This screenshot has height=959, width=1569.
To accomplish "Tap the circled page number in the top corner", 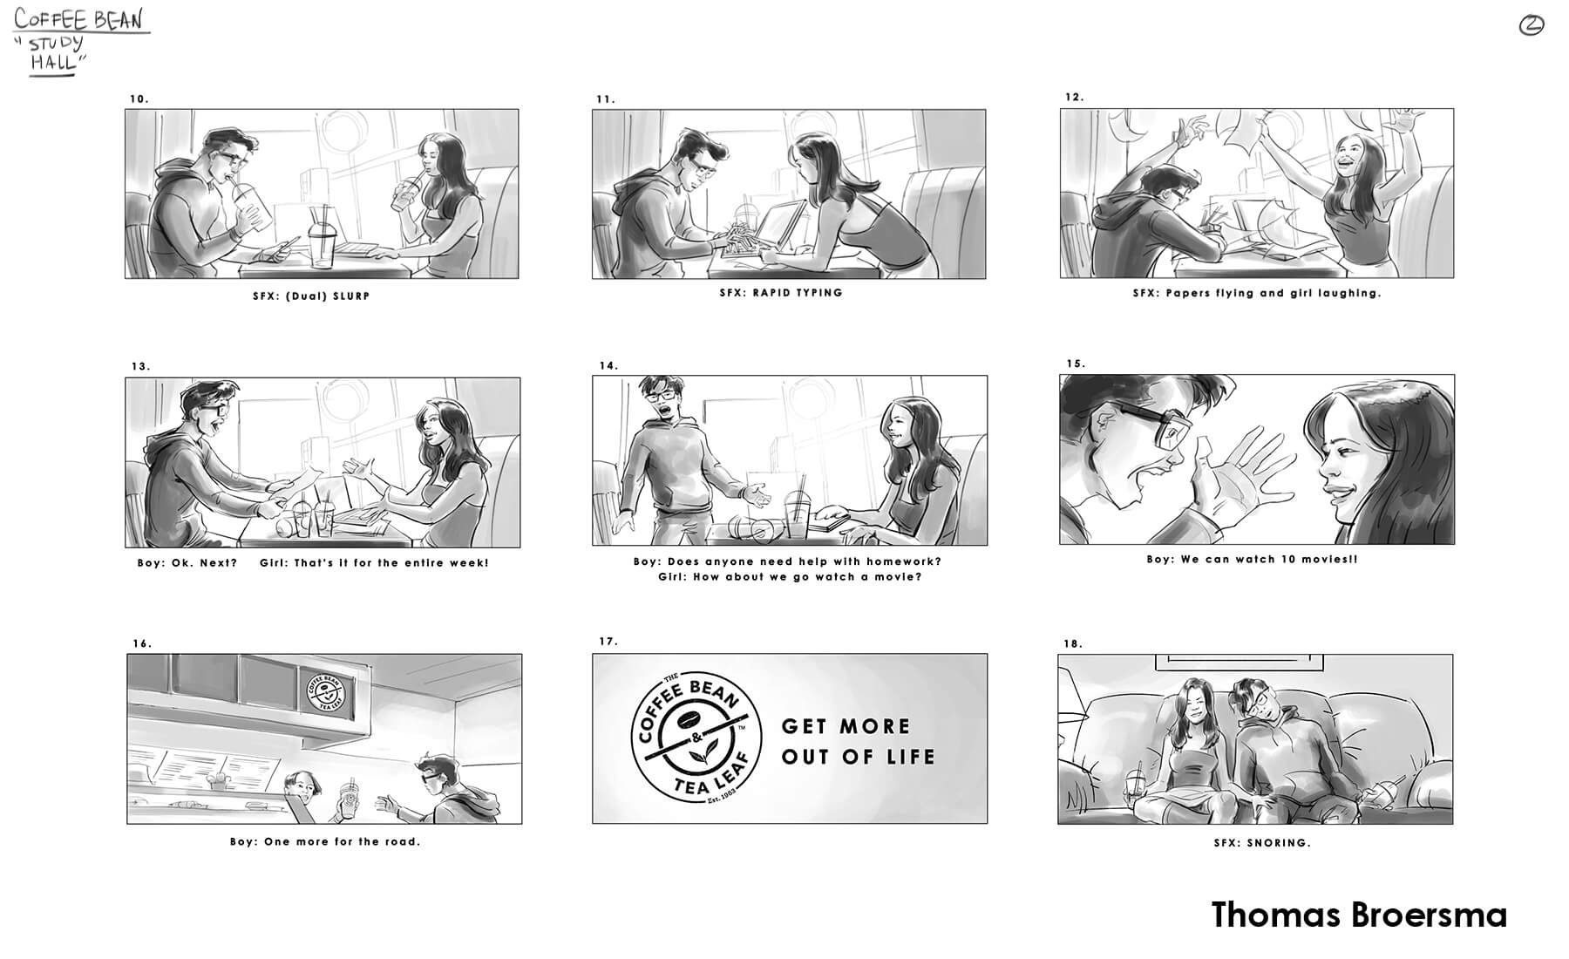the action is [x=1531, y=26].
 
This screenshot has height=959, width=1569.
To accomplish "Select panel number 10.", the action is [x=139, y=99].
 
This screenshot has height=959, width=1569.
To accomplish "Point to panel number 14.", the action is [x=608, y=365].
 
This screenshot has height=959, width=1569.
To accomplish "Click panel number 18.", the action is [x=1073, y=643].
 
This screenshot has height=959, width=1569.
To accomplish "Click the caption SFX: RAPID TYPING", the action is [x=781, y=293].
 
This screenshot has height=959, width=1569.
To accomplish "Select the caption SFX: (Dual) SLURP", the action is [x=311, y=296].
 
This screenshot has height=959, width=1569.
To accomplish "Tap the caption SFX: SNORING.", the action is [x=1262, y=843].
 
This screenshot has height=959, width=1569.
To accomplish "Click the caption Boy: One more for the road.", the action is [x=325, y=841].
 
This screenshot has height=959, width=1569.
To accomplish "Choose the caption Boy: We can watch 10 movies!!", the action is [x=1252, y=559].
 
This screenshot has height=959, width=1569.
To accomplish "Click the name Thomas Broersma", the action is [x=1359, y=915].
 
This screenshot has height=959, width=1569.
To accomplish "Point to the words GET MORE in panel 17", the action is [x=846, y=726].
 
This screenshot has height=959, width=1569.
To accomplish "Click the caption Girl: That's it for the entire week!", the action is [x=374, y=562].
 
